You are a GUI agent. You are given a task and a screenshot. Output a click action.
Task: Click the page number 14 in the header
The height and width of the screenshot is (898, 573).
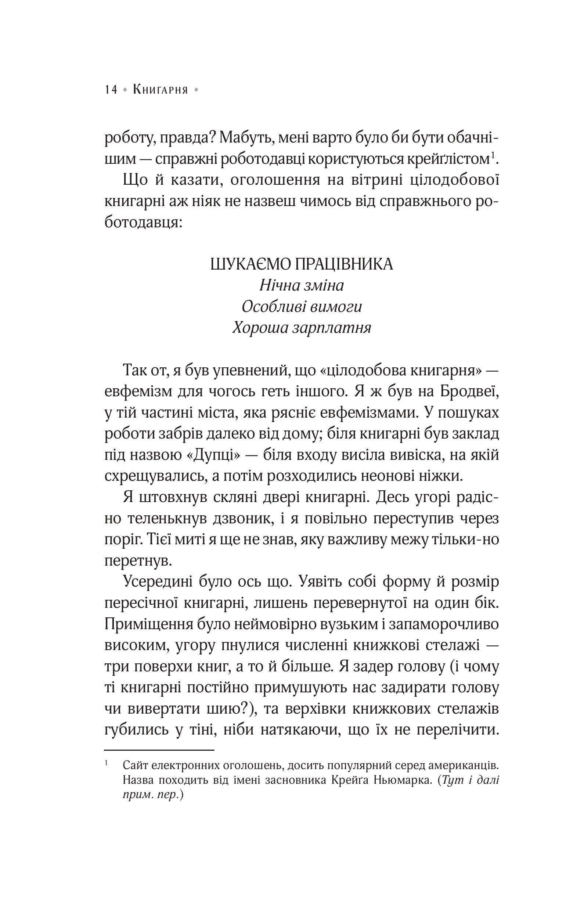click(x=111, y=90)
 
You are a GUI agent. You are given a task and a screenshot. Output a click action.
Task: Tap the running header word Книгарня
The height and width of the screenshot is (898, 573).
click(x=161, y=90)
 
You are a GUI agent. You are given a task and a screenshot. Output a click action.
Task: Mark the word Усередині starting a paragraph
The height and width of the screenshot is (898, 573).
click(x=158, y=582)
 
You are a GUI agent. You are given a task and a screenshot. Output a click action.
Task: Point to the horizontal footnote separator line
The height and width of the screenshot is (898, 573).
click(x=159, y=750)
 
